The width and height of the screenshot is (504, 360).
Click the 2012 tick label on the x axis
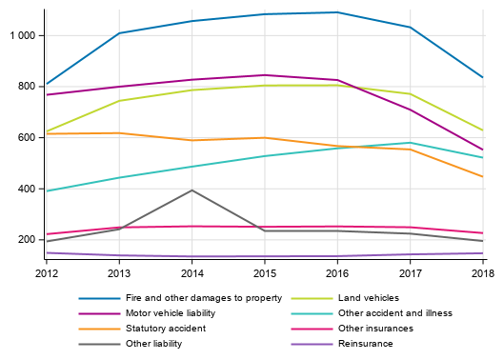pos(46,273)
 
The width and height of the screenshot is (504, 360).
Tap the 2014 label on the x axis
pos(192,273)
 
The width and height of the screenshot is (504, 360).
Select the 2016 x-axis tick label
pos(337,273)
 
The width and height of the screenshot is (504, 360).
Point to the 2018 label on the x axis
pos(483,273)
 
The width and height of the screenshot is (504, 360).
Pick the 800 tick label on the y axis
pos(27,87)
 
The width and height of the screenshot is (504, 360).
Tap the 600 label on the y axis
pos(27,137)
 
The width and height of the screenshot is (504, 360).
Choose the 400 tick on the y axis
pos(27,189)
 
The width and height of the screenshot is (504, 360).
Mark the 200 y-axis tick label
pos(27,239)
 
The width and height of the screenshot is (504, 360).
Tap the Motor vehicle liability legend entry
pos(170,312)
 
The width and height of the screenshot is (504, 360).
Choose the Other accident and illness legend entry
pos(401,312)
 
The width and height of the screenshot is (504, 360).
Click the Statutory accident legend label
pos(165,328)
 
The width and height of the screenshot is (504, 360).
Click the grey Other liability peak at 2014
pos(192,190)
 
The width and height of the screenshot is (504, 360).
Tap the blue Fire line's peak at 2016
pos(337,12)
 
